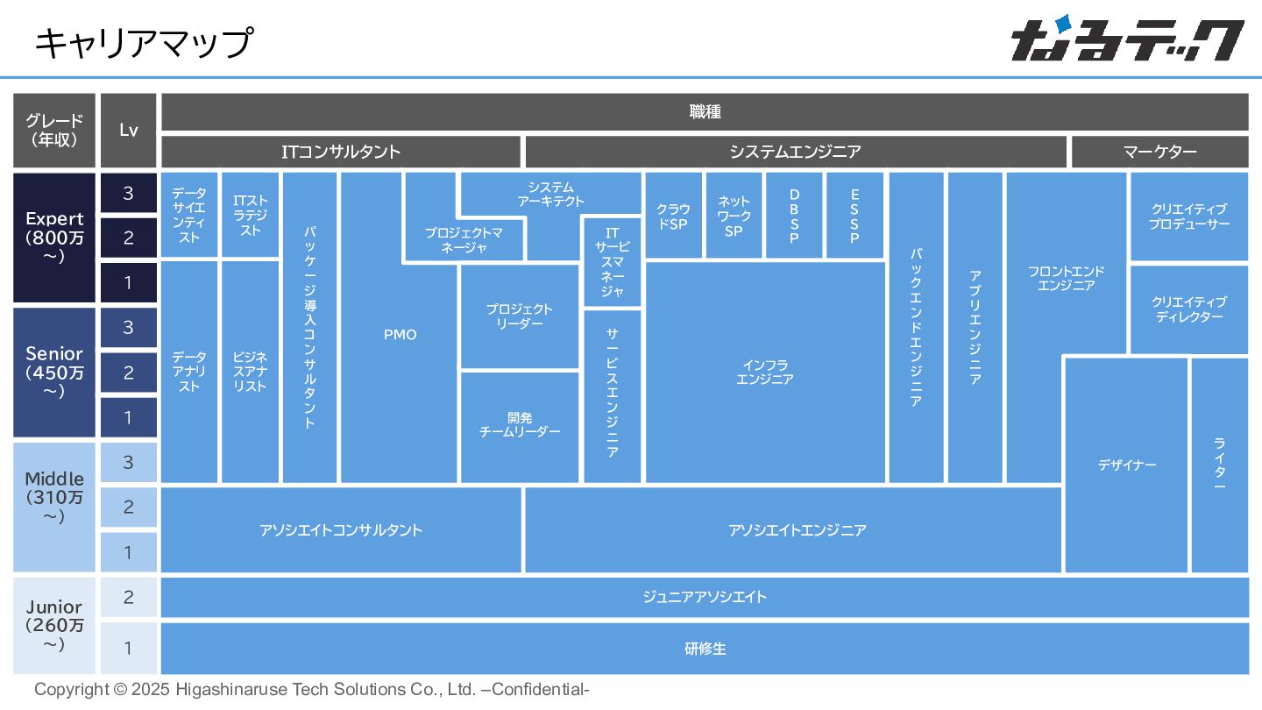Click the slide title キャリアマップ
[144, 42]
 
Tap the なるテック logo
[1127, 41]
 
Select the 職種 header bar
[705, 112]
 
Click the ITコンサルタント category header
[341, 152]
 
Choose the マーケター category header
[1159, 152]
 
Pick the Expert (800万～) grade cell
[54, 238]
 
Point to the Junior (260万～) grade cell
[54, 625]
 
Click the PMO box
[400, 335]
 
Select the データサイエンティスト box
[189, 215]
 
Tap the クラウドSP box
[673, 216]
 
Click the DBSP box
[794, 216]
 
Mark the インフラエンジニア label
[765, 372]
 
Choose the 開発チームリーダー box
[520, 425]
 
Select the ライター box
[1219, 465]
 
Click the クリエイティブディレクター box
[1188, 309]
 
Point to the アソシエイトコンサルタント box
[341, 530]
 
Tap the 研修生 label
[705, 649]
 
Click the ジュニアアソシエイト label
[705, 598]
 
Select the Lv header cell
[129, 130]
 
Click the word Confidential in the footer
[538, 689]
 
